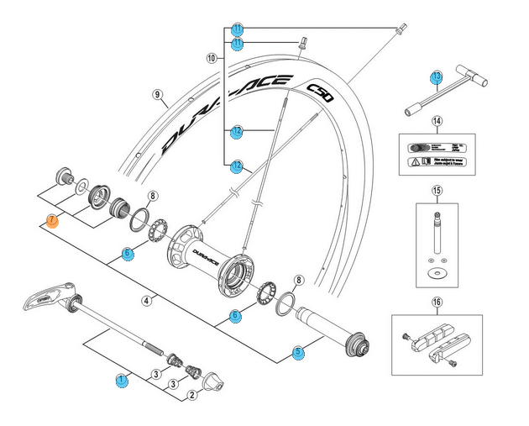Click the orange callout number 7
(52, 221)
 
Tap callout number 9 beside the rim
(157, 95)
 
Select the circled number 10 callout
(211, 58)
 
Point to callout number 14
(437, 121)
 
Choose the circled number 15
(437, 191)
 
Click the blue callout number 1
(122, 380)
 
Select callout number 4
(146, 299)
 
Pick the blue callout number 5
(298, 352)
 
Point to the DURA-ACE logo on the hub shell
(206, 251)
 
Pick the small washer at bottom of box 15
(437, 273)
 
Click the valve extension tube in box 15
(437, 235)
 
